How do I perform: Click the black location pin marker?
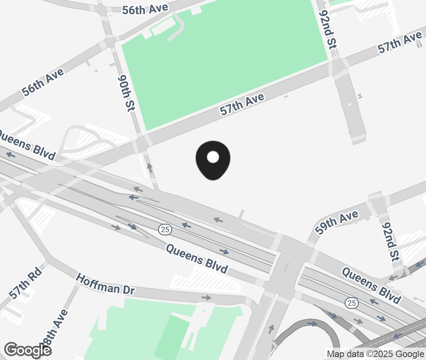213,160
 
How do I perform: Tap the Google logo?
28,350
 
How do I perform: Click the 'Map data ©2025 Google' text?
375,354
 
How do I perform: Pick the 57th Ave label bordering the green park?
242,104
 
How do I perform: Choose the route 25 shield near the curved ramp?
351,303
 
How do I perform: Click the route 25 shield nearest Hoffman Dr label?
165,230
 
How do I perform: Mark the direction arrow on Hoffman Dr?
206,298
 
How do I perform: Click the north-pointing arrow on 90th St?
150,168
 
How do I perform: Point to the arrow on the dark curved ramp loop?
312,324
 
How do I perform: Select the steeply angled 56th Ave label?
43,82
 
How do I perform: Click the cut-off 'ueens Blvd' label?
27,145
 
